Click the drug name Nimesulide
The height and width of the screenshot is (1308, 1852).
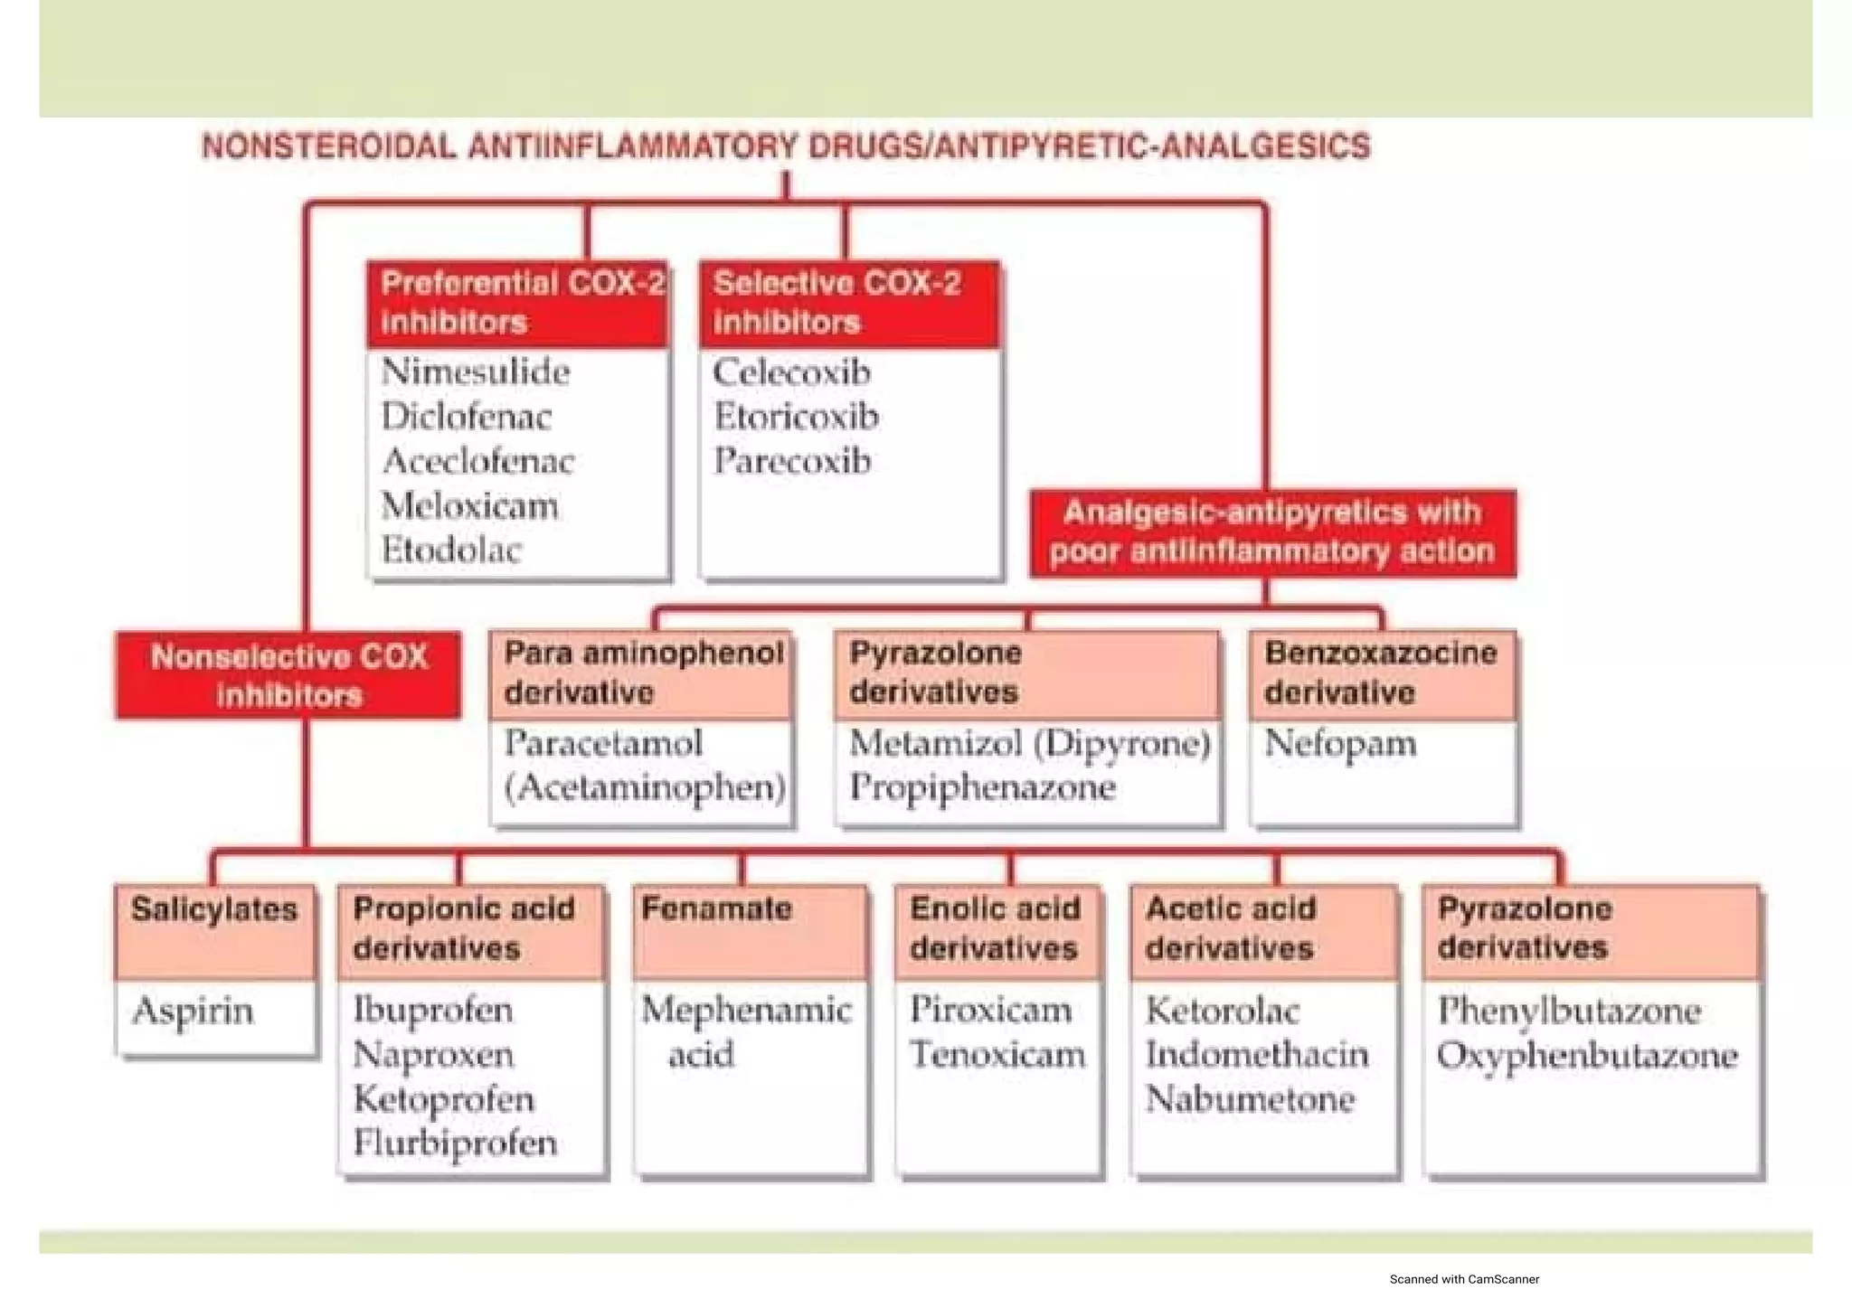click(x=475, y=372)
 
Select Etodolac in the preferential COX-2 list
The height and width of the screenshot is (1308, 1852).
click(x=451, y=550)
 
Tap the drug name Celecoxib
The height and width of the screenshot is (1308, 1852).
click(x=791, y=372)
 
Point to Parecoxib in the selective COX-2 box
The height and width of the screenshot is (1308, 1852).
click(x=792, y=461)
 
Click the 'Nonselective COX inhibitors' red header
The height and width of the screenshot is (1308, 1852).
click(x=288, y=675)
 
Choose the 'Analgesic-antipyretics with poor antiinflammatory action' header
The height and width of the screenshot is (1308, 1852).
click(x=1272, y=532)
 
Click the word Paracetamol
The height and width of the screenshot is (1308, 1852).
click(x=603, y=743)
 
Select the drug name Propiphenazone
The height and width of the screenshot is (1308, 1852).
click(x=982, y=787)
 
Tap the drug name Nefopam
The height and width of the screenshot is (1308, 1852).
click(x=1340, y=743)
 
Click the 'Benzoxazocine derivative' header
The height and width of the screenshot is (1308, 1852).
click(x=1381, y=673)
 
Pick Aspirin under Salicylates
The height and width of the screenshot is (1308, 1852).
click(x=193, y=1011)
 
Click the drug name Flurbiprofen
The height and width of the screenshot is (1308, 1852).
click(x=455, y=1143)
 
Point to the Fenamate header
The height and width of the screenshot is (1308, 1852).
click(x=716, y=908)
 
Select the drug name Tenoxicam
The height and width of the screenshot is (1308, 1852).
click(x=997, y=1055)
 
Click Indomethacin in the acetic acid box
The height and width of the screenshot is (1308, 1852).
click(x=1257, y=1055)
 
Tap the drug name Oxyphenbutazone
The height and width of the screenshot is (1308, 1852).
click(x=1587, y=1055)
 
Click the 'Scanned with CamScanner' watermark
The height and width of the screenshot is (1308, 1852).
click(x=1464, y=1279)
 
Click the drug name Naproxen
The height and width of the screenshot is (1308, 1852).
click(x=433, y=1055)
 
